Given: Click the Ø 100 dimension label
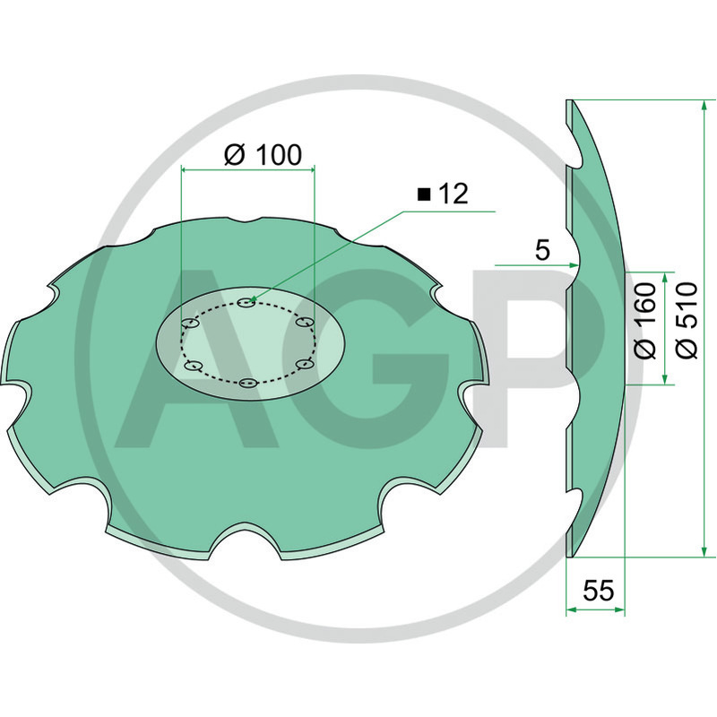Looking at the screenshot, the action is (x=263, y=155).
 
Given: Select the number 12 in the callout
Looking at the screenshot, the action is (x=454, y=194).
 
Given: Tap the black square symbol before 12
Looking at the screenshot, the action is (x=424, y=194).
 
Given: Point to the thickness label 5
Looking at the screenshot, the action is (x=542, y=250).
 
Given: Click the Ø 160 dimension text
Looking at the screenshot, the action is (x=645, y=321).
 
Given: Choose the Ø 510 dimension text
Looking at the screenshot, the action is (x=687, y=321).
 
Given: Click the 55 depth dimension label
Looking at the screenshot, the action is (x=598, y=591).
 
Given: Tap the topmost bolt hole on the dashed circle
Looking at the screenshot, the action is (x=247, y=302).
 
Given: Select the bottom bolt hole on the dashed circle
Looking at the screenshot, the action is (x=248, y=383).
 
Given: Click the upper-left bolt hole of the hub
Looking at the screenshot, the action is (x=191, y=324).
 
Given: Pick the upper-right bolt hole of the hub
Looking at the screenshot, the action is (x=304, y=322).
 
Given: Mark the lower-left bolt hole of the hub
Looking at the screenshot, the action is (x=193, y=366).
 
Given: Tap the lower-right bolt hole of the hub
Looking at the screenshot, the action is (x=305, y=364).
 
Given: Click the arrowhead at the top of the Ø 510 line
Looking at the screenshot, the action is (x=704, y=105).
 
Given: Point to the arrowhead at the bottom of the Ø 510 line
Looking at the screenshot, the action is (x=704, y=551).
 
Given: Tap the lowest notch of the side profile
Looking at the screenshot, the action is (x=574, y=507).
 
